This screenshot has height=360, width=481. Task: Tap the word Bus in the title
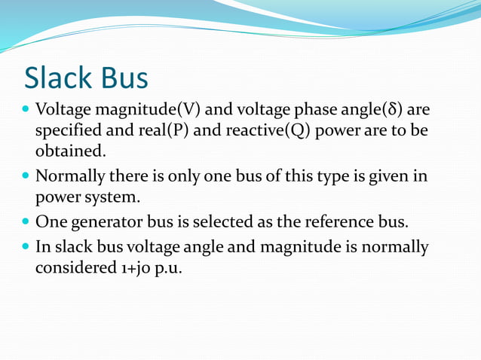[122, 77]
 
